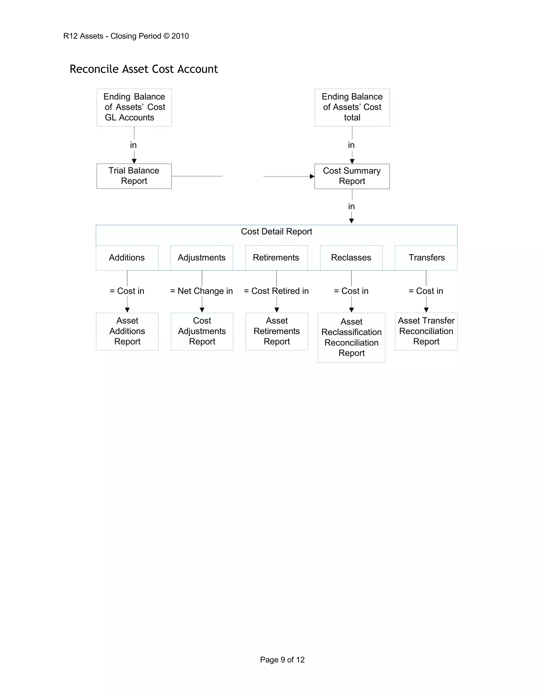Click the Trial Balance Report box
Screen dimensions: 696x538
[134, 176]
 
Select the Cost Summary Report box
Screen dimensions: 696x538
[352, 176]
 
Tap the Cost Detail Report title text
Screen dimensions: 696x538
[276, 232]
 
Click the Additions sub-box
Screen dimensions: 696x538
[127, 257]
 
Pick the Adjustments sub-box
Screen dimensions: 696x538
[202, 257]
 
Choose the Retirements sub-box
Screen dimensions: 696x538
[276, 257]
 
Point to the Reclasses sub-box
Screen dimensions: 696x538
[351, 257]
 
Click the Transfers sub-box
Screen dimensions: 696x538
[426, 257]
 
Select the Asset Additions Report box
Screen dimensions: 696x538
[127, 331]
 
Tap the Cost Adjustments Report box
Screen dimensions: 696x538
[202, 331]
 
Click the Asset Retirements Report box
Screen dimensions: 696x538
[277, 331]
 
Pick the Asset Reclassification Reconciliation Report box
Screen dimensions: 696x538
[351, 337]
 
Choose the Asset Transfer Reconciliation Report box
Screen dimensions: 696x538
[426, 331]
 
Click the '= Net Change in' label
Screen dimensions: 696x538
[201, 291]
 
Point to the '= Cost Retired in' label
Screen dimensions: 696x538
[276, 291]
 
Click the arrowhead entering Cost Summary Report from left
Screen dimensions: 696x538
[312, 176]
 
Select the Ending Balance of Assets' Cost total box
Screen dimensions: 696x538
[352, 107]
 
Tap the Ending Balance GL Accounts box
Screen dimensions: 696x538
[134, 107]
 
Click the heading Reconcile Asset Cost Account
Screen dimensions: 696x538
[144, 69]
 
